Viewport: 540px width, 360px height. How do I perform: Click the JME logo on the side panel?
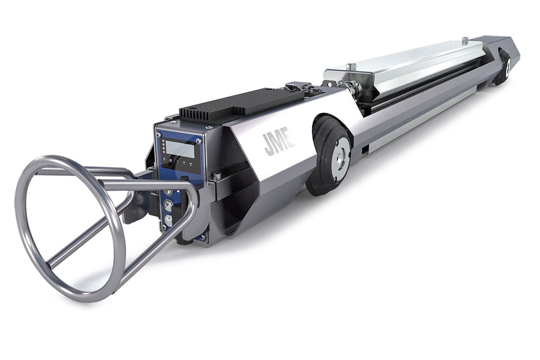279,143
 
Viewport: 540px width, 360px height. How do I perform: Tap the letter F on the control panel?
164,159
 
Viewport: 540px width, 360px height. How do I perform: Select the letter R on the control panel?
170,160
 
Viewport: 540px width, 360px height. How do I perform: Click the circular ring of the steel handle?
69,227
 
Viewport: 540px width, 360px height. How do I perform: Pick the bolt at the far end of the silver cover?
465,40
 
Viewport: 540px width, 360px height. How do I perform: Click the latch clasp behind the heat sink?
298,86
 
